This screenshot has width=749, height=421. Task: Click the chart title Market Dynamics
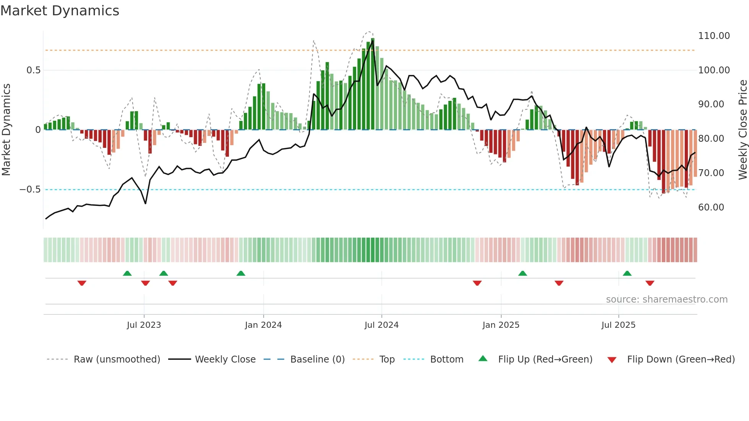[x=60, y=11]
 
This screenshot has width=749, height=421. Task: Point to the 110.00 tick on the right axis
[x=713, y=36]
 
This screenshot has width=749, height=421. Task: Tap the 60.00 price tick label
[x=711, y=207]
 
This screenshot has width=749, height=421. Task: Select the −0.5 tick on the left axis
[x=30, y=189]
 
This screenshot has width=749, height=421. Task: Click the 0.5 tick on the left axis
[x=33, y=70]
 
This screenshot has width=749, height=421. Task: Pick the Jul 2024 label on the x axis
[x=381, y=325]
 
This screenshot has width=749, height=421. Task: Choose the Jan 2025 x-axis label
[x=501, y=325]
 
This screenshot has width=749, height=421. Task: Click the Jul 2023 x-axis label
[x=144, y=325]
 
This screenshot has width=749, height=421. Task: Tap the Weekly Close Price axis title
[x=743, y=130]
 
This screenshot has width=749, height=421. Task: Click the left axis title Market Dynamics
[x=6, y=130]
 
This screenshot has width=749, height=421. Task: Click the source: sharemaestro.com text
[x=666, y=300]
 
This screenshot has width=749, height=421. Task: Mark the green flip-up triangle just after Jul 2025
[x=627, y=273]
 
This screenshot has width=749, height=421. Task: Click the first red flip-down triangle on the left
[x=82, y=283]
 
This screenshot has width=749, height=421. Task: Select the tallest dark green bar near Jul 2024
[x=373, y=84]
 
